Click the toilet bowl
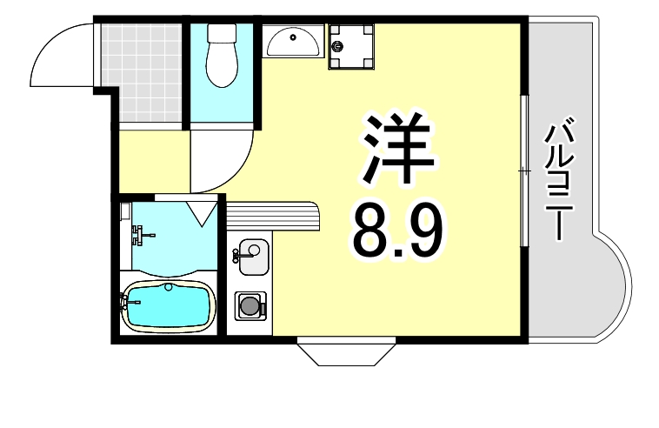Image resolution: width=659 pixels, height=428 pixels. point(223,65)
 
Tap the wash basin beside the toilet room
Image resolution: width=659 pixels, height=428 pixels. point(292,40)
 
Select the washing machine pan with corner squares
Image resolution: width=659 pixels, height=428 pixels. point(351,45)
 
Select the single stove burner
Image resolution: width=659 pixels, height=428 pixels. point(250,306)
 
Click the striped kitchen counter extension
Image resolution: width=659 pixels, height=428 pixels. point(274,215)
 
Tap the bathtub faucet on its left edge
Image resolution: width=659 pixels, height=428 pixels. point(127,303)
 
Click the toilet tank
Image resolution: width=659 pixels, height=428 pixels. point(223,34)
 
